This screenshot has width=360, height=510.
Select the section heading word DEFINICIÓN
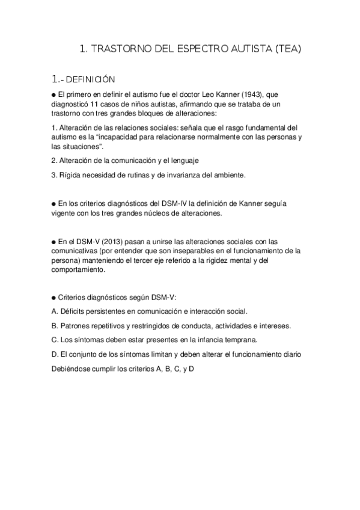(90, 79)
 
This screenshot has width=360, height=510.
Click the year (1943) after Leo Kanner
(257, 95)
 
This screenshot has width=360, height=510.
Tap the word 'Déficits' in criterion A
(72, 312)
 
